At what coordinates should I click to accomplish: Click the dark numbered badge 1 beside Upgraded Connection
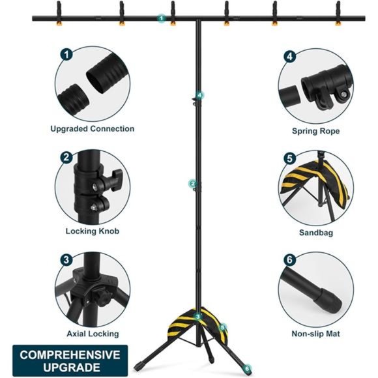click(66, 55)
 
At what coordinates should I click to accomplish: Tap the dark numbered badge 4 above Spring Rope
click(289, 57)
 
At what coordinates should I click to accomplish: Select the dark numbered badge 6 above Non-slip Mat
click(289, 259)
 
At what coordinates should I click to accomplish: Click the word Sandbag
click(316, 233)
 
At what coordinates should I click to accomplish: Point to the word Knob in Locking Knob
click(109, 231)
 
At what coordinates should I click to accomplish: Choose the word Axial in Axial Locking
click(76, 334)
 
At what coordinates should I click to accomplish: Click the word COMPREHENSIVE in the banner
click(70, 355)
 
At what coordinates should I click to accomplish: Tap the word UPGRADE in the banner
click(72, 368)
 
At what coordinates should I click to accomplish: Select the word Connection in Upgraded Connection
click(112, 129)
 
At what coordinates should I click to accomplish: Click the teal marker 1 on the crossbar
click(161, 18)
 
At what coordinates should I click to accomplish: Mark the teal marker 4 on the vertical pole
click(200, 95)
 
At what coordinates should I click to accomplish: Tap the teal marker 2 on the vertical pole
click(192, 184)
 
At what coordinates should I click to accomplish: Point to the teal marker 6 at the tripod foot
click(247, 369)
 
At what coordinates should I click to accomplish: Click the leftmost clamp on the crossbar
click(59, 13)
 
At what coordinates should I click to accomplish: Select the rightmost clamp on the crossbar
click(338, 13)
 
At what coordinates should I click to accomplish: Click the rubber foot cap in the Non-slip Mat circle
click(330, 300)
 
